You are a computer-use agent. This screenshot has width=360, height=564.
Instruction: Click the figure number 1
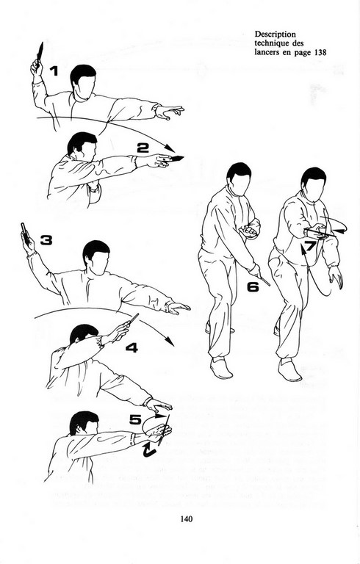pos(54,71)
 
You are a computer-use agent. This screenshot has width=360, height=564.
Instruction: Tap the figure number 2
pos(143,148)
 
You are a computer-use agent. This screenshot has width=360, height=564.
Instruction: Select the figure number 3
pos(46,240)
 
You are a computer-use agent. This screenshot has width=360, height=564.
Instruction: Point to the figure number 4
pos(132,347)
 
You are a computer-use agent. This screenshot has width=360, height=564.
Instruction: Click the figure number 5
pos(135,419)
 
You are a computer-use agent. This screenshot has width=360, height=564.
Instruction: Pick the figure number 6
pos(253,286)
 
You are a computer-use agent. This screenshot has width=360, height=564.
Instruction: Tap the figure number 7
pos(310,246)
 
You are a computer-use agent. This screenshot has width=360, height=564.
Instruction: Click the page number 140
pos(187,518)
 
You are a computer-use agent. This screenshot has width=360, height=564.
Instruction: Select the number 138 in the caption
pos(320,52)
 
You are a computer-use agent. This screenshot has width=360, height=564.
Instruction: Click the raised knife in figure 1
pos(40,51)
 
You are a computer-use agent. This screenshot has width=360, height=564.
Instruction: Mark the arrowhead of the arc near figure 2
pos(170,148)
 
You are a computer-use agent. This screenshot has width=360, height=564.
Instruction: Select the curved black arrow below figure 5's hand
pos(149,449)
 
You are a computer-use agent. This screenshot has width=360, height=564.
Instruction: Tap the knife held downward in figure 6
pos(264,281)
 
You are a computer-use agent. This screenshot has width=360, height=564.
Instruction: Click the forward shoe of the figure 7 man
pos(289,370)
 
